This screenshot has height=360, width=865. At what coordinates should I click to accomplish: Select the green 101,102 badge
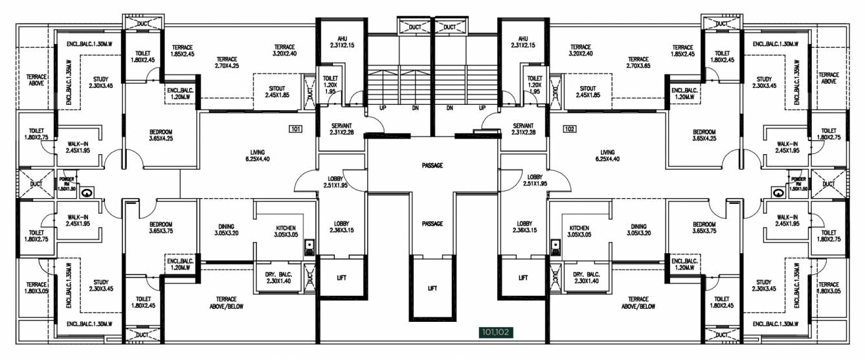pyautogui.click(x=495, y=332)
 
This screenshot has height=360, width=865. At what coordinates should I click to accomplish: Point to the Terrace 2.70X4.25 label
pyautogui.click(x=227, y=62)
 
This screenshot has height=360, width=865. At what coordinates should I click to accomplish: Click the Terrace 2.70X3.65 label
pyautogui.click(x=638, y=62)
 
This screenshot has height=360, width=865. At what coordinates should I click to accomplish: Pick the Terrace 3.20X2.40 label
pyautogui.click(x=284, y=51)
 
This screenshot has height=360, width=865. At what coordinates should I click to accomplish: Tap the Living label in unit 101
pyautogui.click(x=258, y=155)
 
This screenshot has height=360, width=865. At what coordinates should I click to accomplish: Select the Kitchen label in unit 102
pyautogui.click(x=579, y=232)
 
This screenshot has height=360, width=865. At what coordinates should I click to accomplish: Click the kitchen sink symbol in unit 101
pyautogui.click(x=309, y=245)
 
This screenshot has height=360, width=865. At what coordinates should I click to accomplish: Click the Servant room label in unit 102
pyautogui.click(x=522, y=129)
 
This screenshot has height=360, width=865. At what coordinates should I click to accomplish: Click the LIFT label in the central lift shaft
pyautogui.click(x=432, y=288)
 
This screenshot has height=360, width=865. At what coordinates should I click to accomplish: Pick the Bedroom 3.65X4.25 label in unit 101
pyautogui.click(x=161, y=135)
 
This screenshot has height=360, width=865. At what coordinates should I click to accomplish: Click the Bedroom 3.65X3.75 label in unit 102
pyautogui.click(x=704, y=227)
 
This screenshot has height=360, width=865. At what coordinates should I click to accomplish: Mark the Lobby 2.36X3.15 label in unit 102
pyautogui.click(x=524, y=227)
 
